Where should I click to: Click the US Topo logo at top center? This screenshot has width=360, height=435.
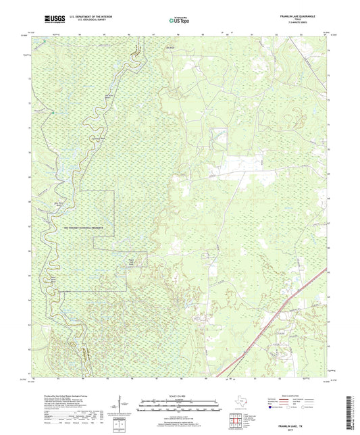click(x=179, y=21)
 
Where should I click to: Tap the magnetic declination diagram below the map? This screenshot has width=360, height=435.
click(x=122, y=405)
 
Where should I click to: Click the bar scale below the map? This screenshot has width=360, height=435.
click(x=180, y=405)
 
